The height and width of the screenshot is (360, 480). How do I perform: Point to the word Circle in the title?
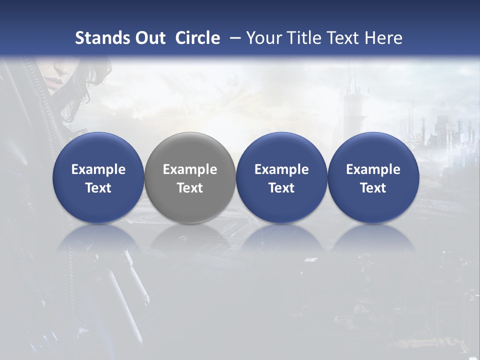tap(197, 38)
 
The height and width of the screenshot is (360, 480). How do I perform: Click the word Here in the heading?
tap(385, 38)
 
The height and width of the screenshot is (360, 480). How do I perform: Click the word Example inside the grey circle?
tap(190, 169)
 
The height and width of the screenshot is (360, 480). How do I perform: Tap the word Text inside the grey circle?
tap(190, 188)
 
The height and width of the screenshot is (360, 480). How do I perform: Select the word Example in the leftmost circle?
tap(98, 169)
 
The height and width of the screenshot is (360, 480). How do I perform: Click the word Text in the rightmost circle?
tap(373, 188)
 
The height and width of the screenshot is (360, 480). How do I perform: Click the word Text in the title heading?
tap(346, 38)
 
